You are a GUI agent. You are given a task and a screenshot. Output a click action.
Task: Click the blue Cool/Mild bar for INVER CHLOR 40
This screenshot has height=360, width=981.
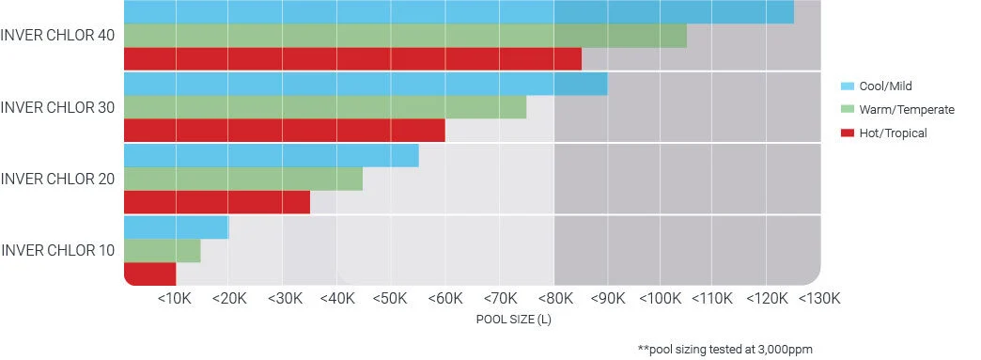(x=459, y=12)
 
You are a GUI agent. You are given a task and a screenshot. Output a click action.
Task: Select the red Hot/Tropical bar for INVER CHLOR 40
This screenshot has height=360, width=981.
(x=352, y=59)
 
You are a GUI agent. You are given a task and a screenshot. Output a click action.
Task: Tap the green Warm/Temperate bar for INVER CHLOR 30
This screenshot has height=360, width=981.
(x=325, y=107)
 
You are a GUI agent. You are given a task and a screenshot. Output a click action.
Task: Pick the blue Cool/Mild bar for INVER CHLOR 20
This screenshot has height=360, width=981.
(x=271, y=155)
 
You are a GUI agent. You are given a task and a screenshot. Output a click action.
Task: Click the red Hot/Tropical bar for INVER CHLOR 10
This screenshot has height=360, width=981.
(x=150, y=274)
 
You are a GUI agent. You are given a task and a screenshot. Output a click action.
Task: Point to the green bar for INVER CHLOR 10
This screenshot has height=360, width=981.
(x=162, y=250)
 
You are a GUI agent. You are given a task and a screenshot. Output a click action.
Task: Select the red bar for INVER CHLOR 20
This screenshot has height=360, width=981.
(x=217, y=202)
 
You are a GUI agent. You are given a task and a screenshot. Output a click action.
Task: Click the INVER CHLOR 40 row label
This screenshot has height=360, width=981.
(x=58, y=36)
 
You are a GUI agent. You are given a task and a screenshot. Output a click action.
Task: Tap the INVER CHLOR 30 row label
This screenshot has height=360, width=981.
(x=58, y=107)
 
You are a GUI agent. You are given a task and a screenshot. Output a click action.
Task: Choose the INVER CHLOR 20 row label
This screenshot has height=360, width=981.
(x=58, y=179)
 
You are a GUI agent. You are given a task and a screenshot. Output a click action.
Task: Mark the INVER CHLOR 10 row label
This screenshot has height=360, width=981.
(x=58, y=250)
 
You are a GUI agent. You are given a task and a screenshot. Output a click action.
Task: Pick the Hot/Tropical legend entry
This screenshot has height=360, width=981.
(x=893, y=133)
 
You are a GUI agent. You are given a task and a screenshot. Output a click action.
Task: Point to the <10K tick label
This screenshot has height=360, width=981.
(x=175, y=299)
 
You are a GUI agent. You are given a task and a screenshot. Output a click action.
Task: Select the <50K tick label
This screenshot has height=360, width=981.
(x=390, y=299)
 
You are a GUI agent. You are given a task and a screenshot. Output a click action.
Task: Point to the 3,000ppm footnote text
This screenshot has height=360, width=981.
(x=724, y=349)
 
